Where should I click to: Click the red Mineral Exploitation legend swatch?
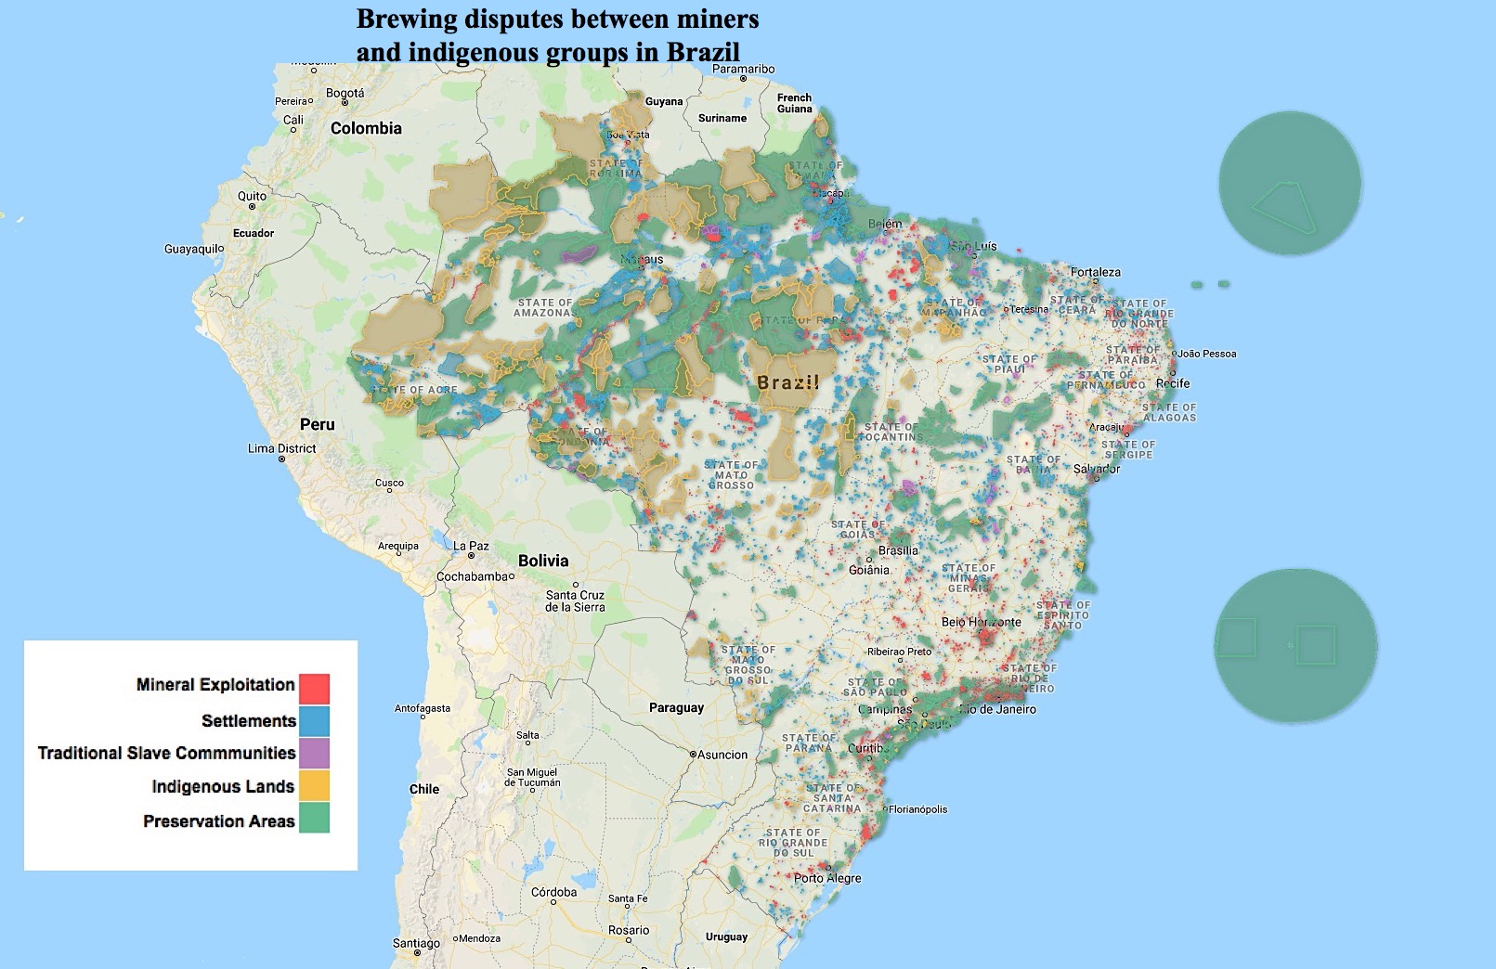[314, 689]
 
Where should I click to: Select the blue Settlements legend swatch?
[314, 721]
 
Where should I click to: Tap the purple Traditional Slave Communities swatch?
[314, 753]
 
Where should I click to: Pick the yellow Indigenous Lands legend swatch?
[314, 786]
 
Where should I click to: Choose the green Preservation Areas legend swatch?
[314, 818]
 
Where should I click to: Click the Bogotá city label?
[345, 94]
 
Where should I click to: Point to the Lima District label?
[282, 448]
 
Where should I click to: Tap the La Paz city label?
[471, 546]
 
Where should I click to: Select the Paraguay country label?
[676, 707]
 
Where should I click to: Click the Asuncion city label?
[722, 755]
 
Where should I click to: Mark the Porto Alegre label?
[827, 878]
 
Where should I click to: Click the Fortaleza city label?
[1096, 272]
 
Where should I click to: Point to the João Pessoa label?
[1206, 354]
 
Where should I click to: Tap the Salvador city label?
[1097, 469]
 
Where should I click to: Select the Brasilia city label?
[897, 550]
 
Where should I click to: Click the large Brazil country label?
[787, 382]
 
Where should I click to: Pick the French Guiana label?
[794, 103]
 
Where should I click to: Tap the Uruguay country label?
[726, 937]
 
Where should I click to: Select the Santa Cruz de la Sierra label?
[575, 601]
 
